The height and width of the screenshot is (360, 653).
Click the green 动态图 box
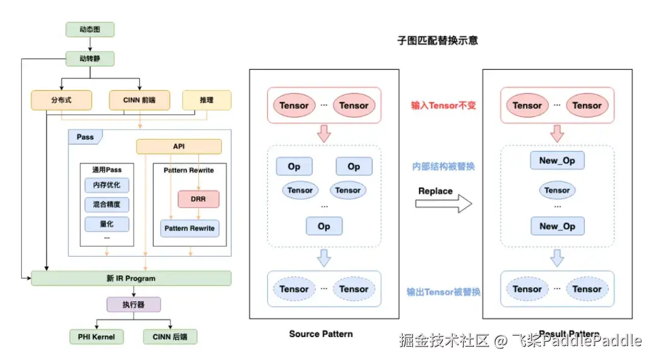89,29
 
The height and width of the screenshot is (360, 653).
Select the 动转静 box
89,59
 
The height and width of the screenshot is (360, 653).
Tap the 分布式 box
61,100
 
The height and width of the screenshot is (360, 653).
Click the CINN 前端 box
140,100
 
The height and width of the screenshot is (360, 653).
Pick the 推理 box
207,100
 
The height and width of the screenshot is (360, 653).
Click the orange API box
178,146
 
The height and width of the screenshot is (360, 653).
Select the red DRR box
198,198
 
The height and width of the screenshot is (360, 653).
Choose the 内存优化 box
106,185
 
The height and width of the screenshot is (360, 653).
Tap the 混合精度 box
106,205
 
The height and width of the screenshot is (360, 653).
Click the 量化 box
106,224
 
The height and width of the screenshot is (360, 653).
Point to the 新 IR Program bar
131,278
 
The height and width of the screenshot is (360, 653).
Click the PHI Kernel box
96,337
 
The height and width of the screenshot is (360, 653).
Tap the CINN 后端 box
171,337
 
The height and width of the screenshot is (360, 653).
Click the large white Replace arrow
444,204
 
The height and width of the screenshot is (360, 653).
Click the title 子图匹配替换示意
438,41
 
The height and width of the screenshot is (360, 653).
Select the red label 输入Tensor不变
443,105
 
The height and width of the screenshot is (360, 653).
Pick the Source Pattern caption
320,334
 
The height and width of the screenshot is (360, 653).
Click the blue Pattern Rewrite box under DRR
189,228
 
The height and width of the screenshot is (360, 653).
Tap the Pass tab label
85,137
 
